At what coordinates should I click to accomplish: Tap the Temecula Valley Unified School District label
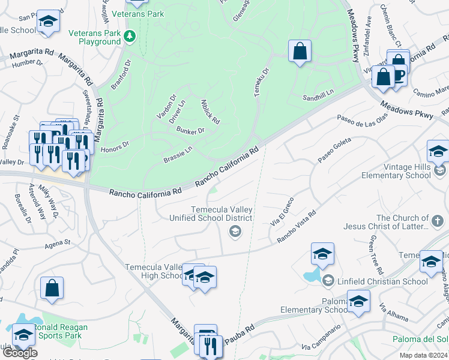point(221,214)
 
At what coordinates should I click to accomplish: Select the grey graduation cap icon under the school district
point(236,232)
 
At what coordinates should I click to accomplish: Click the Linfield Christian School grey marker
point(328,280)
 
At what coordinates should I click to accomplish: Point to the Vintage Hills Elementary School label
point(396,172)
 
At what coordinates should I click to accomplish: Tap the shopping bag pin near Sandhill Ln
point(300,52)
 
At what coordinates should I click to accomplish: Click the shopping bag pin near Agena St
point(52,289)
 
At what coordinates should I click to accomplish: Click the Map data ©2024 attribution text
point(423,355)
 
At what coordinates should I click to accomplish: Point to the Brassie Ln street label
point(177,155)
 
